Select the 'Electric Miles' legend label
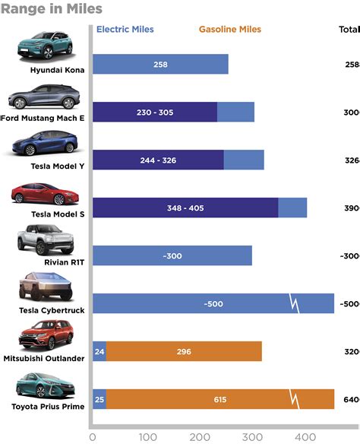coord(125,30)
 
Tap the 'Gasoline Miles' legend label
coord(229,30)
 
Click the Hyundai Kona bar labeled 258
coord(160,65)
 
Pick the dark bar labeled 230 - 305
coord(155,113)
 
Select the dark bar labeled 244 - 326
coord(158,160)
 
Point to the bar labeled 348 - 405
coord(185,208)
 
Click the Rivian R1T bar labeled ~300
coord(172,256)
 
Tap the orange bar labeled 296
coord(184,352)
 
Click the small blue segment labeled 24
coord(99,352)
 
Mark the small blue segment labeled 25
coord(99,400)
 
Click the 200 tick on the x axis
coord(200,437)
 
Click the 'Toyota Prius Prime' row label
coord(48,406)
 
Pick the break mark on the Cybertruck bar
coord(295,304)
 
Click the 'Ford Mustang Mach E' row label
coord(45,118)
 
